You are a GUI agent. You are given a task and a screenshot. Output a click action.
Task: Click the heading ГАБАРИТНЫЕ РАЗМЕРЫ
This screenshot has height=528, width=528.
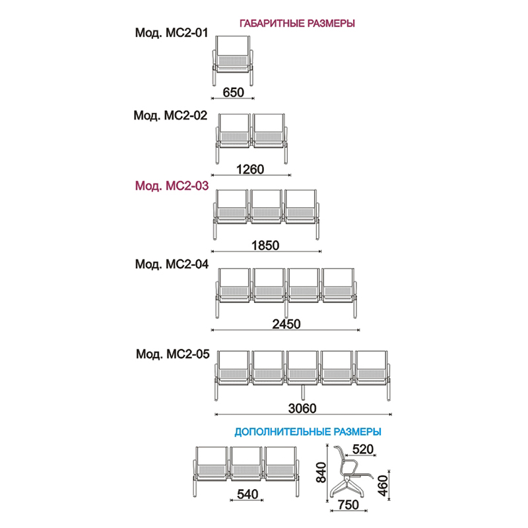coord(297,23)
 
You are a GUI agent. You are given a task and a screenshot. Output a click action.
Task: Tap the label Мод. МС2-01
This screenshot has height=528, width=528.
coord(172,32)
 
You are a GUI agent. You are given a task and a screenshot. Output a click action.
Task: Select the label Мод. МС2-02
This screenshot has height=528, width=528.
coord(170,115)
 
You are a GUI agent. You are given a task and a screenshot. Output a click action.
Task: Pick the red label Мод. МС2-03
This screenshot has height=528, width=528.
coord(172,186)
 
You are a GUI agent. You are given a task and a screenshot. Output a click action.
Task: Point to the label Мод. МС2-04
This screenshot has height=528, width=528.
coord(172,265)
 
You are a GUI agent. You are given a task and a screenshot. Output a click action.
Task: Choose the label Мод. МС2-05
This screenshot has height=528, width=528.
coord(173,354)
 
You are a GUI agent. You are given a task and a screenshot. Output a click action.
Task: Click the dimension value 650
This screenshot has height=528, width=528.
coord(234,92)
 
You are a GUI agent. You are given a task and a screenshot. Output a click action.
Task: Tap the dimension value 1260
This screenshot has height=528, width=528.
coord(250,170)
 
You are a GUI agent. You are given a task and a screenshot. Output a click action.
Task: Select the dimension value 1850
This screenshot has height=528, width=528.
coord(265,246)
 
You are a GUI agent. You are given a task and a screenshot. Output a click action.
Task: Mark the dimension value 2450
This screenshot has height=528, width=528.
coord(286,324)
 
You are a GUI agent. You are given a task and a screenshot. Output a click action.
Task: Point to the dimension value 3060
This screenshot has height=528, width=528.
coord(302,409)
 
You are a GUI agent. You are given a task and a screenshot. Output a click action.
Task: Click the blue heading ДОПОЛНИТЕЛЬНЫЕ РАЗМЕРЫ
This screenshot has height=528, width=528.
coord(308,432)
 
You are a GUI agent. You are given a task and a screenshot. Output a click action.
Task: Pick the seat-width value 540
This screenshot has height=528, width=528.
coord(247,494)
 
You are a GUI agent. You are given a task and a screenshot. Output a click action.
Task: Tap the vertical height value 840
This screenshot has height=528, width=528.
coord(321,473)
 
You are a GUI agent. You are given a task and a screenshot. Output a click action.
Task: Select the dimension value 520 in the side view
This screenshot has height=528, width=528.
coord(363,449)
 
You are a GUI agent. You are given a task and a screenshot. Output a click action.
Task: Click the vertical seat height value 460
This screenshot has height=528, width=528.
coord(383,486)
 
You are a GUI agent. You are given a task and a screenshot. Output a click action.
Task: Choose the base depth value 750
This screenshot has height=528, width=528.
coord(348,505)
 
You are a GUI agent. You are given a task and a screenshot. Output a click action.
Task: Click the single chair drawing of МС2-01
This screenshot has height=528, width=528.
coord(233,61)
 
